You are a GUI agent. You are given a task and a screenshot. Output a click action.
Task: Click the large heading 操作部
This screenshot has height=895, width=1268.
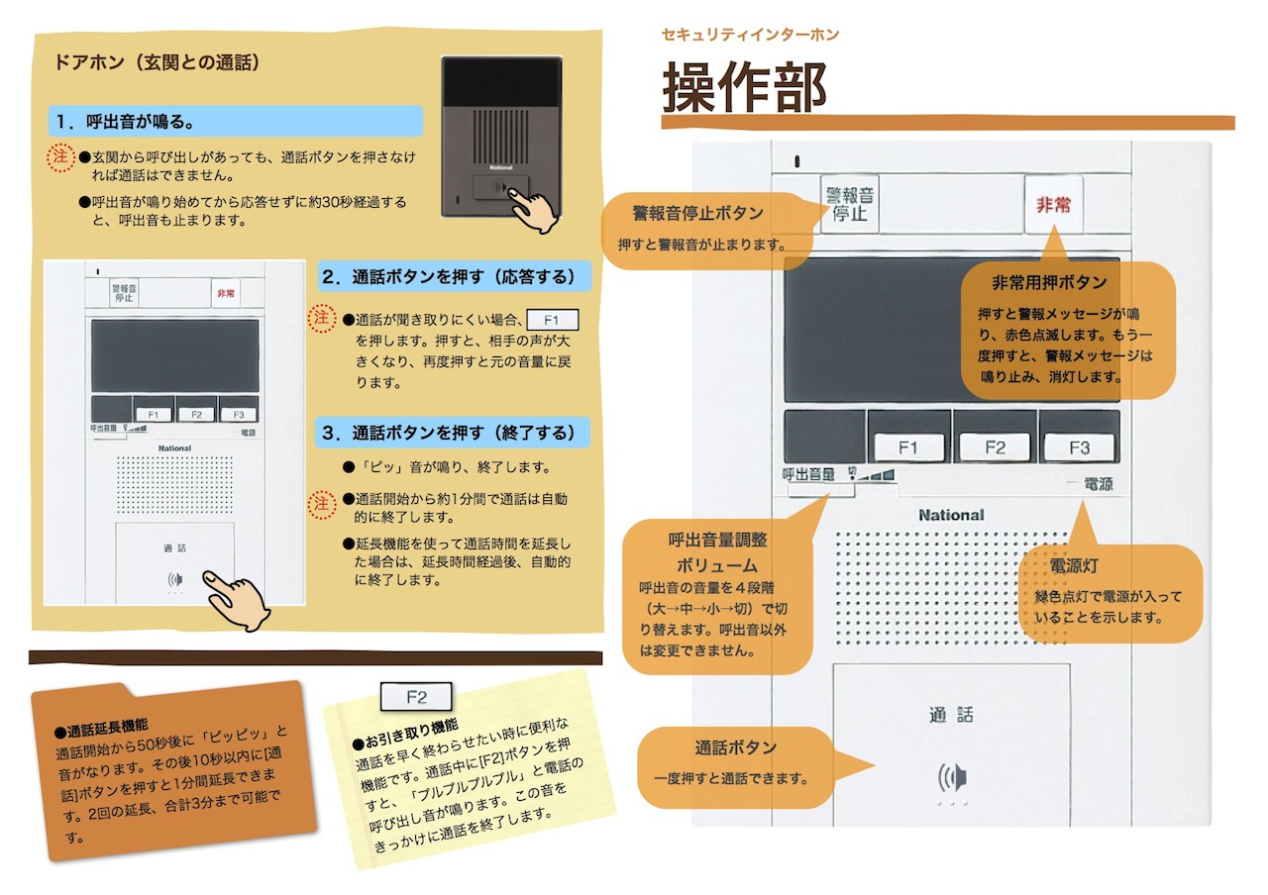coord(744,87)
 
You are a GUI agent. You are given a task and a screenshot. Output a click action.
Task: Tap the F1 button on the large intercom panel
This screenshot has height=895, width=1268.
coord(908,447)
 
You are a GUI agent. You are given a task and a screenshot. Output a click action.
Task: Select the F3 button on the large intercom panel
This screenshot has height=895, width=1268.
coord(1079,447)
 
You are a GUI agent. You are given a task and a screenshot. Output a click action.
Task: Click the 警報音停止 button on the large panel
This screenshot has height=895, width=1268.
coord(849,204)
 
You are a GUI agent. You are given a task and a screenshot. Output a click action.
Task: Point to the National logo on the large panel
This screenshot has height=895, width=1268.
coord(951,515)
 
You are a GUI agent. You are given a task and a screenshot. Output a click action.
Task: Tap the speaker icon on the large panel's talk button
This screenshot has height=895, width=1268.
coord(952,777)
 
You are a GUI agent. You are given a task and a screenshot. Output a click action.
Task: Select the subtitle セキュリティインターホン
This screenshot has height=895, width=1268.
coord(750,35)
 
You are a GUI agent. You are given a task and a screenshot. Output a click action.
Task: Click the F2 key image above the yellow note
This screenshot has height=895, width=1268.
coord(416,696)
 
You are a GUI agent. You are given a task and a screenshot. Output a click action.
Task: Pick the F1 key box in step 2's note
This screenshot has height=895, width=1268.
coord(552,320)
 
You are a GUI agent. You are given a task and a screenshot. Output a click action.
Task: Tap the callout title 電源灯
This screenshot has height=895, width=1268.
coord(1074,565)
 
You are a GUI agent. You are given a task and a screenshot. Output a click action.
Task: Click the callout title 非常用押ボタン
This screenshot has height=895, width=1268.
coord(1049,282)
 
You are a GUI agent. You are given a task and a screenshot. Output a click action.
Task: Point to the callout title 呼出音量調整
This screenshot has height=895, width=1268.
coord(717,540)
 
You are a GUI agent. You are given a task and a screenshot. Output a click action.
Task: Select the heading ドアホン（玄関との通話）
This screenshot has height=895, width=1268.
coord(157,62)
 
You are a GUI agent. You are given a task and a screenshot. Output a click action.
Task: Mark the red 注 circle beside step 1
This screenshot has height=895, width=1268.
coord(60,156)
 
